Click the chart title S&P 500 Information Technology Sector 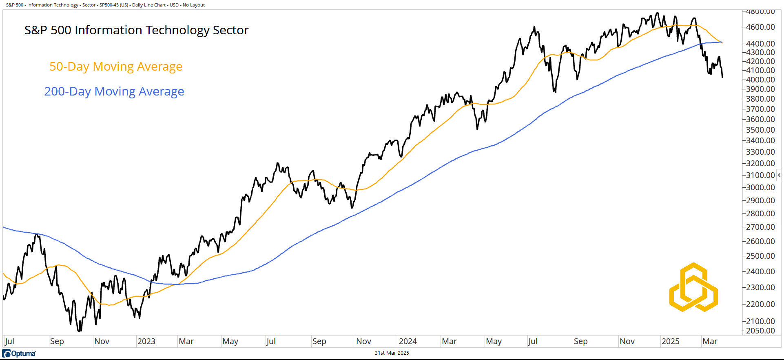click(136, 30)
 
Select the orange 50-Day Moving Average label click(116, 67)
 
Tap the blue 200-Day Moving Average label click(114, 91)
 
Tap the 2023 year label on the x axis click(146, 341)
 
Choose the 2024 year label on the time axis click(408, 341)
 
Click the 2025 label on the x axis click(670, 341)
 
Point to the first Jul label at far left click(9, 341)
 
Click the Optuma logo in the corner click(19, 353)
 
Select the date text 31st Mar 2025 click(392, 353)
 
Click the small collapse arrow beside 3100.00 click(779, 175)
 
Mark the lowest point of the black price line click(80, 331)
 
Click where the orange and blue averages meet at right click(722, 42)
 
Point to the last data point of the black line click(722, 77)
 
